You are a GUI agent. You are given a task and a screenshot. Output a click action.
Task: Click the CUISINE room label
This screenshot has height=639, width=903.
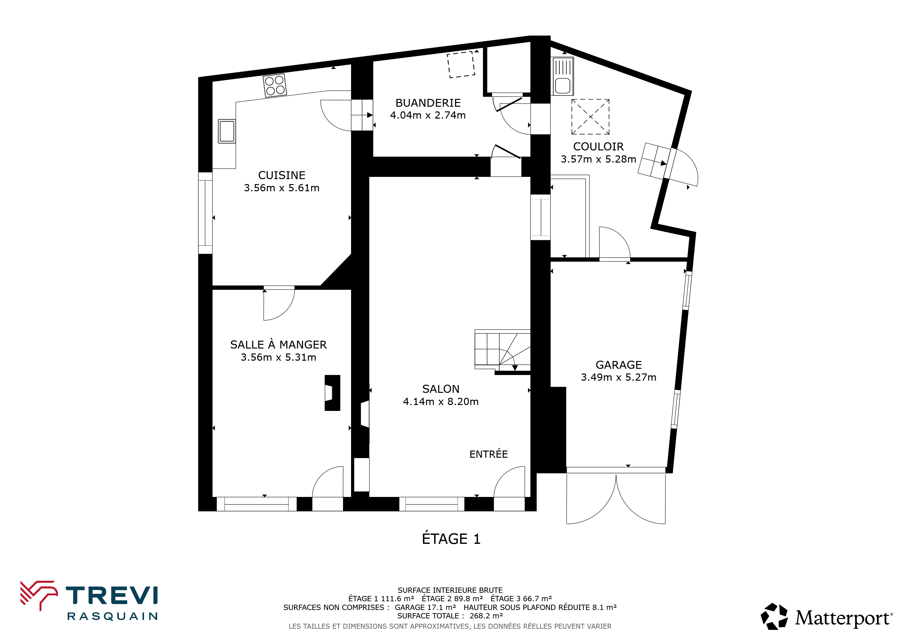[282, 175]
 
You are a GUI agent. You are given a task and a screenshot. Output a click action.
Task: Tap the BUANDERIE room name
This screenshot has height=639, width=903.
[428, 103]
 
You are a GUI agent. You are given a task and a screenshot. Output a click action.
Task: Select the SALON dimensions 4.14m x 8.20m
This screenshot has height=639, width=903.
[441, 402]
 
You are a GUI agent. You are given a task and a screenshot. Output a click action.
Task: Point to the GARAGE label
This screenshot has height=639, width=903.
[619, 365]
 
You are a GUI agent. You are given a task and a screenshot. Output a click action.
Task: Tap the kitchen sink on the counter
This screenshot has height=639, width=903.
[227, 131]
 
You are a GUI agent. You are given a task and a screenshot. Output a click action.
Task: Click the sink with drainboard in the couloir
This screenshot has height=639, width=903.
[563, 76]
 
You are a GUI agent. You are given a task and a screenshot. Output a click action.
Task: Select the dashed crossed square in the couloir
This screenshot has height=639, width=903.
[590, 117]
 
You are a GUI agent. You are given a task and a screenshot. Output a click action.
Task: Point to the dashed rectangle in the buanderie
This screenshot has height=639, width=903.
[461, 65]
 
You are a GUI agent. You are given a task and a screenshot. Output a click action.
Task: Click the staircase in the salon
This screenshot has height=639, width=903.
[503, 350]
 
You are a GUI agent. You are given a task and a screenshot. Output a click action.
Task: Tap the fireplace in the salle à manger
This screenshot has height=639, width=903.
[332, 393]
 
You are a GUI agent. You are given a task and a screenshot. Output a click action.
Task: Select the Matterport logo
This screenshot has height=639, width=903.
[827, 616]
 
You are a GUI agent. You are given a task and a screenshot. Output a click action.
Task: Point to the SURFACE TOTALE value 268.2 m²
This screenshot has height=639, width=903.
[486, 616]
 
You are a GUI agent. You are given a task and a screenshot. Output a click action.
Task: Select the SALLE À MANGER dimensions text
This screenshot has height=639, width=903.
[278, 357]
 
